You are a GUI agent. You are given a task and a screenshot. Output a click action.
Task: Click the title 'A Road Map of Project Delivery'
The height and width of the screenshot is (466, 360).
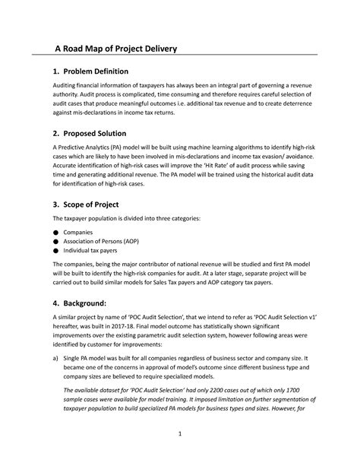(x=115, y=49)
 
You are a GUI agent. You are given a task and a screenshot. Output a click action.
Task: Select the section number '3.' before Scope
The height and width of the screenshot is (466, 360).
(x=55, y=204)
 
